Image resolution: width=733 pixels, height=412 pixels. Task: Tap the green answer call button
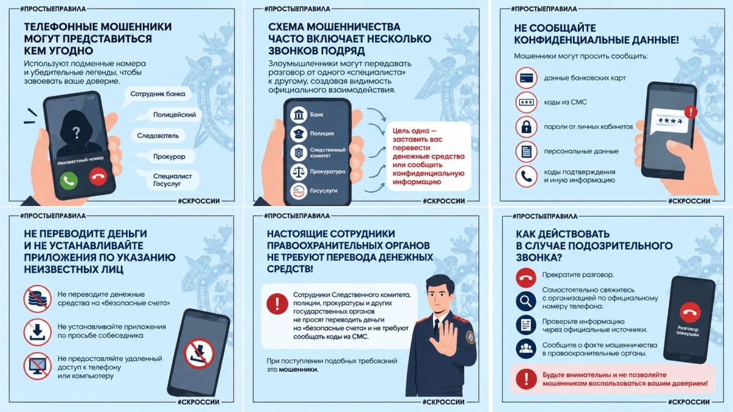click(x=68, y=180)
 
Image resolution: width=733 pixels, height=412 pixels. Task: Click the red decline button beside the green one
click(x=98, y=176)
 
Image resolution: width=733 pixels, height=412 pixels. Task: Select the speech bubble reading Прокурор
click(x=169, y=157)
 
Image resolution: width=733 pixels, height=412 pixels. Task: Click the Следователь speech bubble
click(x=158, y=136)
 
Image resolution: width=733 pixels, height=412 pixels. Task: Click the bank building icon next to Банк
click(x=299, y=115)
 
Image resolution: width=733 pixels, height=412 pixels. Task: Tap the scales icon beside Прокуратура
click(x=299, y=172)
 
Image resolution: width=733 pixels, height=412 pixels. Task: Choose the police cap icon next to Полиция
click(x=299, y=134)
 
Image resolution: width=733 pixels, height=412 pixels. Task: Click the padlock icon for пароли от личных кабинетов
click(x=526, y=127)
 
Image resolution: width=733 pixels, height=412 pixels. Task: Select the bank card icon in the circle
click(x=526, y=78)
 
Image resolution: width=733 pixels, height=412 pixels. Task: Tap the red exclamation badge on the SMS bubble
click(x=691, y=112)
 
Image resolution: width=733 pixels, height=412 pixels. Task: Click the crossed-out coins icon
click(x=37, y=298)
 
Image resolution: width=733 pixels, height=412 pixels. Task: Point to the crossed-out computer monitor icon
click(x=37, y=366)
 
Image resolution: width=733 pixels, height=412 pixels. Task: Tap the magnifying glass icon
click(x=526, y=301)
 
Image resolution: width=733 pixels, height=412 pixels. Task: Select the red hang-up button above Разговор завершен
click(x=690, y=313)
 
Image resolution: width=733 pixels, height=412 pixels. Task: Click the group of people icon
click(x=526, y=349)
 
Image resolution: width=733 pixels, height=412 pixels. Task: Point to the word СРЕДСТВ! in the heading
click(x=290, y=269)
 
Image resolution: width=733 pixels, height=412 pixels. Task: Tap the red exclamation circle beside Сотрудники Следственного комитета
click(x=277, y=304)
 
